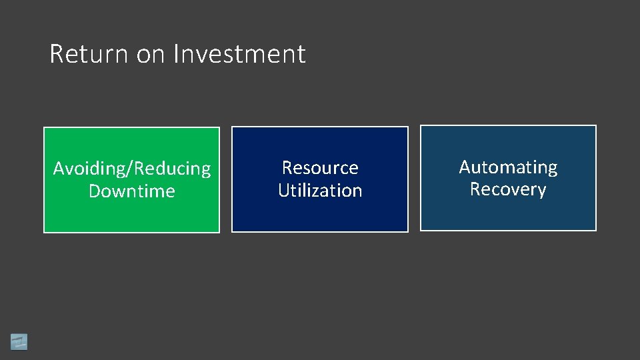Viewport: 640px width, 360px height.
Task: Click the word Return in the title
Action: pos(90,54)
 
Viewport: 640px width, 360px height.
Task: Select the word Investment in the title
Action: pos(239,54)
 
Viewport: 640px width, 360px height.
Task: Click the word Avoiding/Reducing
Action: pos(131,169)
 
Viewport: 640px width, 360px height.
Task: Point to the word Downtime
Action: pos(131,191)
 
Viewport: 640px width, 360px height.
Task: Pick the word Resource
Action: pos(320,167)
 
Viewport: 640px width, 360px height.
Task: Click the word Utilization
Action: pos(320,191)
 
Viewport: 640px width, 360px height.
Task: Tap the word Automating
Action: pos(508,167)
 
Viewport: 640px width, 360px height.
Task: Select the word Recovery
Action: pos(508,189)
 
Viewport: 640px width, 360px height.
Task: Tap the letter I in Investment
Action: pos(175,54)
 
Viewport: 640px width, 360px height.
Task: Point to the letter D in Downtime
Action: pos(95,191)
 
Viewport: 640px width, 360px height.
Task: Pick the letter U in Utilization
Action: pos(283,191)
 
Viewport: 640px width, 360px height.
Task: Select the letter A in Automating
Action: pos(465,167)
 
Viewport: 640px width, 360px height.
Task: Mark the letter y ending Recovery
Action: pos(541,191)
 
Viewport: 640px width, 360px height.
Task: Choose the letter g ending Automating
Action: pos(552,169)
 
